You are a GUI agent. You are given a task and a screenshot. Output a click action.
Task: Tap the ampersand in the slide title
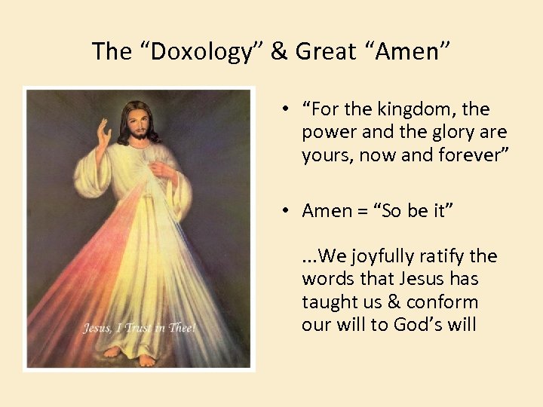279,51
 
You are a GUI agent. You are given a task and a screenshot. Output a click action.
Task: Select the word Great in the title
325,51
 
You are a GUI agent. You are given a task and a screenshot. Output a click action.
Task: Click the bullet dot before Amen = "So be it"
287,211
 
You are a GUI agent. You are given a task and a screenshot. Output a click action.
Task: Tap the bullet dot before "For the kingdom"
287,109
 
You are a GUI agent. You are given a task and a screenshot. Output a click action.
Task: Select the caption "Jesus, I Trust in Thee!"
139,328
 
